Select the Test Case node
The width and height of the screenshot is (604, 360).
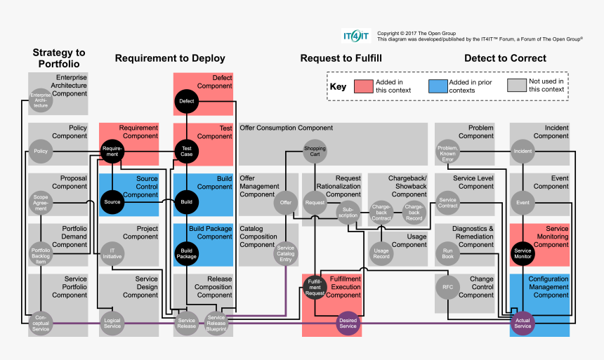click(x=186, y=150)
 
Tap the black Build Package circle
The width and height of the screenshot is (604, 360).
click(x=186, y=253)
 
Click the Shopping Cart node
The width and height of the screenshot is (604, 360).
click(x=314, y=150)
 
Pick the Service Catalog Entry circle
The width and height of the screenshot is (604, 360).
click(x=286, y=253)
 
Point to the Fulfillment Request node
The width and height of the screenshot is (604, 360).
click(x=315, y=286)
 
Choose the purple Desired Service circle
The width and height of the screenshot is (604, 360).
click(x=348, y=324)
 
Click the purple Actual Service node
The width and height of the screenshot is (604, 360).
click(x=523, y=324)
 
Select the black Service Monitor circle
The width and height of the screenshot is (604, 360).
click(x=523, y=253)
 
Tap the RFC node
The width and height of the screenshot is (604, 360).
click(x=448, y=286)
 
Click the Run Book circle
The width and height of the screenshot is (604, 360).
click(x=448, y=253)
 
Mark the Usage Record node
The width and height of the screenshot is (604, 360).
click(x=381, y=253)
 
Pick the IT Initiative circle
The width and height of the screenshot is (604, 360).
click(x=112, y=253)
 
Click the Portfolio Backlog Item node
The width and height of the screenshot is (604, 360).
click(x=41, y=253)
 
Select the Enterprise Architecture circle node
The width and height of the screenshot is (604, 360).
click(x=41, y=101)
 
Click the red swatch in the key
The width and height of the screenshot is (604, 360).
click(x=363, y=86)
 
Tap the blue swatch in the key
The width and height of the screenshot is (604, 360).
click(x=437, y=86)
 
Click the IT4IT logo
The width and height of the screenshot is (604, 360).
click(x=356, y=36)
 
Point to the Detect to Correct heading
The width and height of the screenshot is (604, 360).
click(x=505, y=58)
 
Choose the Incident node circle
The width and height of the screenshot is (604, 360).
click(x=523, y=150)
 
